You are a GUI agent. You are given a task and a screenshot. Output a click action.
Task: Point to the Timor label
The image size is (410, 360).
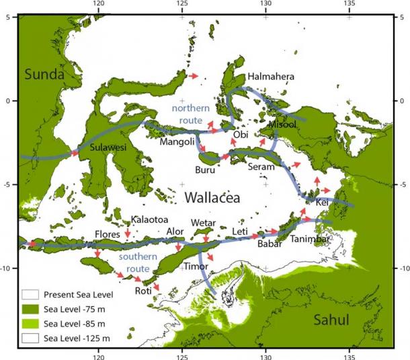[x=195, y=266]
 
